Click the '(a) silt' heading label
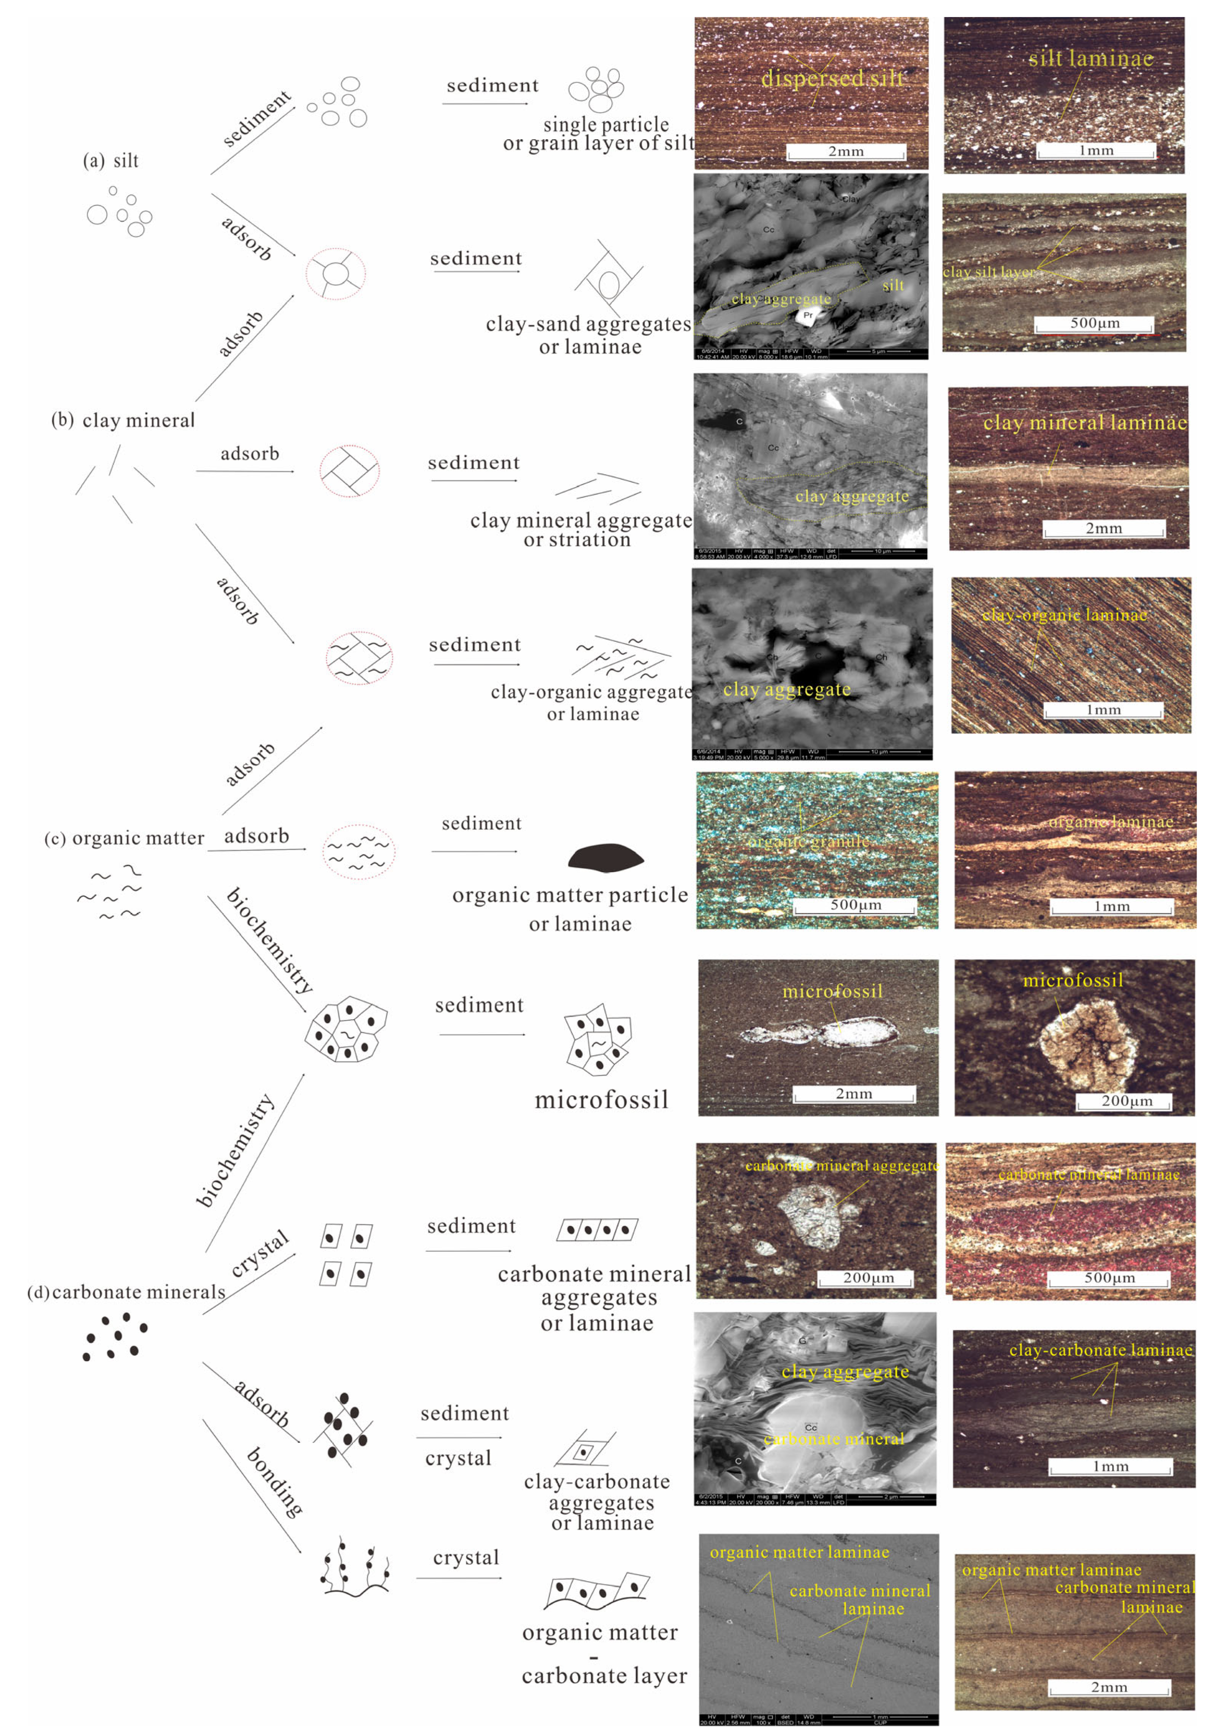pos(111,161)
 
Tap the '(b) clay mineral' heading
pos(123,420)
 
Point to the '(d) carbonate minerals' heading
pos(126,1292)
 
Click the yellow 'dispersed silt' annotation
pos(832,78)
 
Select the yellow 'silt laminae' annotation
pos(1091,58)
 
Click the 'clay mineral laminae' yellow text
pos(1084,423)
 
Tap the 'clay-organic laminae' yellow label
pos(1064,615)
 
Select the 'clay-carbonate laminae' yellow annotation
pos(1100,1350)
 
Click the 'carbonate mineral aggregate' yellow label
pos(841,1166)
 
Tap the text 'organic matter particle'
pos(570,895)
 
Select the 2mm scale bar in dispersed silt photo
pos(846,152)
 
